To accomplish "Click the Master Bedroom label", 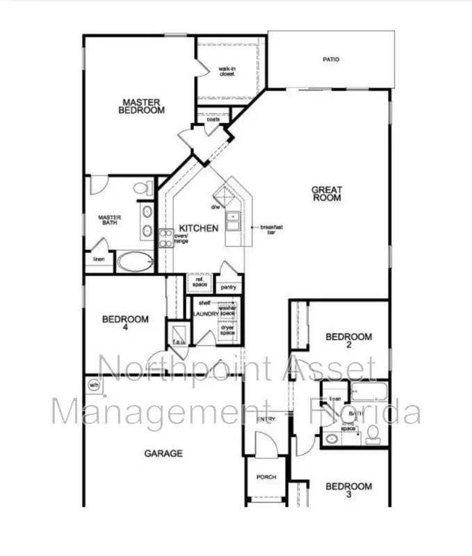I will tap(141, 106).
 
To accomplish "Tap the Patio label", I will tap(331, 60).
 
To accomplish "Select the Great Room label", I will tap(326, 193).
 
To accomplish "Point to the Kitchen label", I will tap(199, 228).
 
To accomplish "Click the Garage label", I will tap(163, 453).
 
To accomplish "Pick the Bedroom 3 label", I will tap(349, 490).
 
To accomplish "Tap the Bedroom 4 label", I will tap(125, 323).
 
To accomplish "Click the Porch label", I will tap(266, 477).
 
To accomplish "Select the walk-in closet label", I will tap(227, 71).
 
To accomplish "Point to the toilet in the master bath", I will tap(143, 188).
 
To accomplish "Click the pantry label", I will tap(229, 286).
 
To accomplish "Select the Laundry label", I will tap(206, 314).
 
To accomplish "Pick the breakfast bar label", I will tap(271, 230).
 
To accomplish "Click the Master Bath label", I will tap(110, 220).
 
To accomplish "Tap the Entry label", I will tap(266, 420).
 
